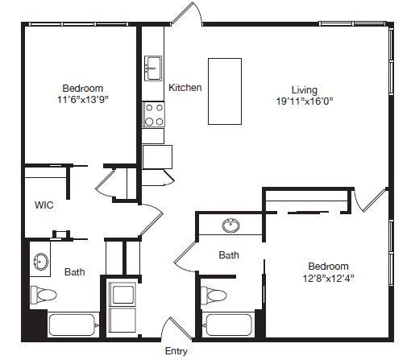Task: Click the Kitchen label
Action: coord(185,88)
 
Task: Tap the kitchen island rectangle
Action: coord(225,91)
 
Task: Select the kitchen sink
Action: coord(153,68)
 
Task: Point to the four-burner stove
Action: coord(154,114)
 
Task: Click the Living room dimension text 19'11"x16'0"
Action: coord(305,101)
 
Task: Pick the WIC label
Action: coord(44,205)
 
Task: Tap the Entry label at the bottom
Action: coord(176,351)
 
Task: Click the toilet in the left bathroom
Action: coord(44,295)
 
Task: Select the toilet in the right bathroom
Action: coord(214,296)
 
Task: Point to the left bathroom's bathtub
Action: coord(73,325)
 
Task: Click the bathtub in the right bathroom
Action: coord(228,325)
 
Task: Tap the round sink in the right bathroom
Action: coord(231,226)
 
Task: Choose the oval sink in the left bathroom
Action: coord(41,261)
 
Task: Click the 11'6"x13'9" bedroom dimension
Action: coord(83,100)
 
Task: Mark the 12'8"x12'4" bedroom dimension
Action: coord(328,279)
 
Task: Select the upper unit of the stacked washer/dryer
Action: coord(123,295)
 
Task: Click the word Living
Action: coord(305,90)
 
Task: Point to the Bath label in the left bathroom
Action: coord(75,272)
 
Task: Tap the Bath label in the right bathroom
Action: coord(229,255)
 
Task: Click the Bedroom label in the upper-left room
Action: coord(83,89)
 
